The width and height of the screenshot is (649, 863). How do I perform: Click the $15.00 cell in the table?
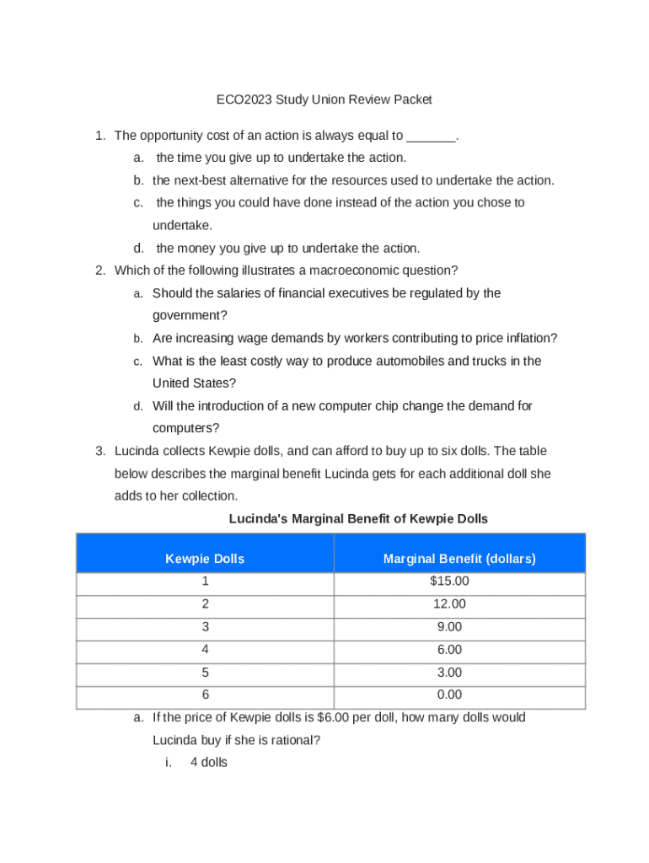coord(449,582)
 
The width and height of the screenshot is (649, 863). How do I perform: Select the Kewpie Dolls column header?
coord(205,559)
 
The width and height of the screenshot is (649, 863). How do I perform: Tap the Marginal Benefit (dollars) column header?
coord(459,559)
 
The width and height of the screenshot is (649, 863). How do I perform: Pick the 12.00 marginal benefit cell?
coord(449,604)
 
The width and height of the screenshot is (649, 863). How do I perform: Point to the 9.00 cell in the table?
coord(449,627)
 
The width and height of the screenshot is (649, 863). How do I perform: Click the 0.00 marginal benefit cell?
coord(449,695)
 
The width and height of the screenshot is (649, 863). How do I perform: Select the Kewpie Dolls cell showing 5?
coord(205,673)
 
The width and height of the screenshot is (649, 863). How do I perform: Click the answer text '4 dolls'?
coord(209,764)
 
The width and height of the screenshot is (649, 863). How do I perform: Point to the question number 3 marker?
coord(99,452)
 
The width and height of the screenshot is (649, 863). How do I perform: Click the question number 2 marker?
coord(99,271)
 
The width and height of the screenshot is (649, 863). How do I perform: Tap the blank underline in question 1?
coord(431,136)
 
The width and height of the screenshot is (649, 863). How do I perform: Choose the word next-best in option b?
coord(202,180)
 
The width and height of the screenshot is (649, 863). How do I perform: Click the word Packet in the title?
coord(412,99)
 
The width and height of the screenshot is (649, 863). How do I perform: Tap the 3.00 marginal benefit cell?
coord(449,673)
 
